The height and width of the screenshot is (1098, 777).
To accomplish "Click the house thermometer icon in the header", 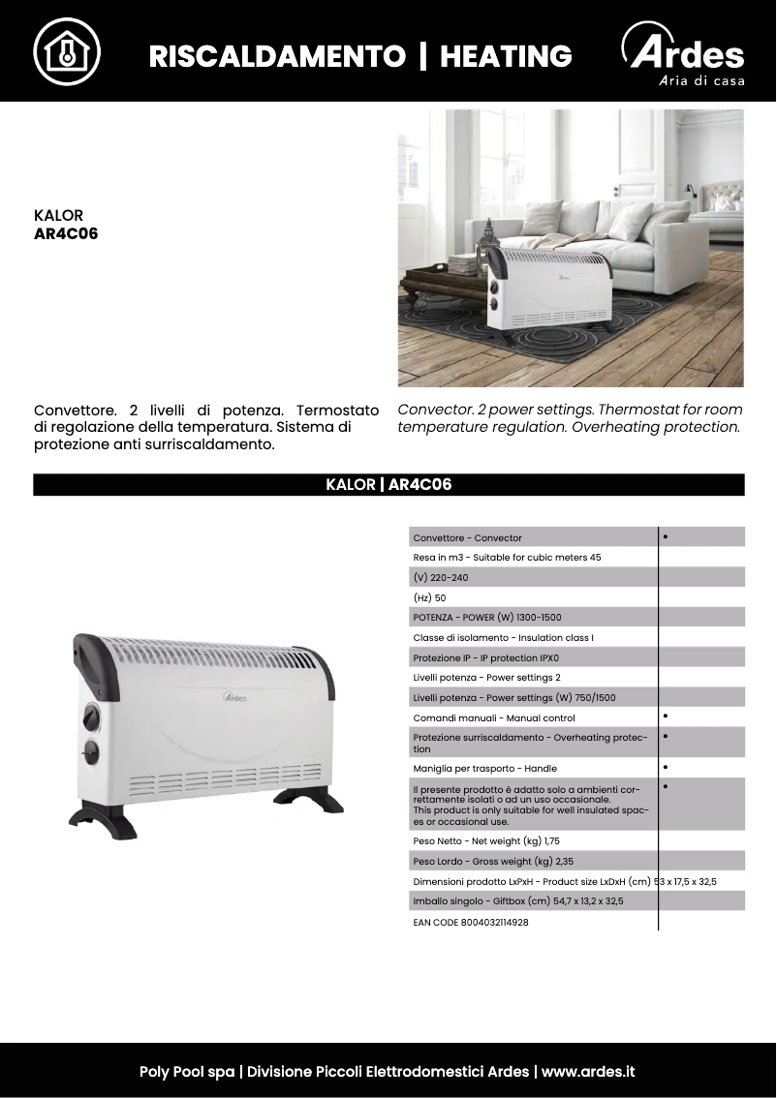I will coord(67,51).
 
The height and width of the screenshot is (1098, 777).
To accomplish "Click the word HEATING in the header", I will coord(506,56).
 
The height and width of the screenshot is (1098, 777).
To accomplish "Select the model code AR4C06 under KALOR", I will coord(66,234).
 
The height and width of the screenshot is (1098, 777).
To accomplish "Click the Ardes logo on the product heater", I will coord(235,696).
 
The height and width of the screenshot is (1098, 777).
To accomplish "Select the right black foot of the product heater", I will coord(308,800).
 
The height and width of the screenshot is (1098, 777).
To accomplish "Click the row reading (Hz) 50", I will coord(430,597).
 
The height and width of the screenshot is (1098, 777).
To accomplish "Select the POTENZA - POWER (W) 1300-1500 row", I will coord(487,617).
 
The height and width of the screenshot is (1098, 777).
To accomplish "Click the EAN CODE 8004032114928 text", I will coord(471,923).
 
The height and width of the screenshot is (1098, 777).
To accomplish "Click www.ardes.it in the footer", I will coord(588,1072).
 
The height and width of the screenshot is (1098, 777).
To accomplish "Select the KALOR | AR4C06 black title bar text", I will coord(388,485).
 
